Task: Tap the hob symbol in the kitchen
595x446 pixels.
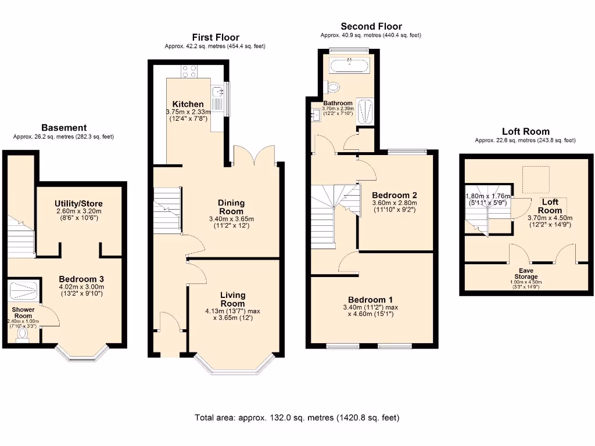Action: pyautogui.click(x=189, y=71)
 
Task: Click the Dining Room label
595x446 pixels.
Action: pyautogui.click(x=231, y=207)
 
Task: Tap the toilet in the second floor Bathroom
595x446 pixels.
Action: pyautogui.click(x=333, y=87)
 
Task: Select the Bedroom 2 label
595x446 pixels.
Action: pyautogui.click(x=395, y=195)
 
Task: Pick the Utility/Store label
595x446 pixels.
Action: pyautogui.click(x=78, y=203)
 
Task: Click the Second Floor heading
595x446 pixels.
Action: pyautogui.click(x=371, y=26)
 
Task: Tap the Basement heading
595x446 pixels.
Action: pyautogui.click(x=64, y=128)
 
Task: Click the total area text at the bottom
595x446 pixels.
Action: pyautogui.click(x=297, y=418)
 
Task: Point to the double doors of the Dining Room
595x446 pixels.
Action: pyautogui.click(x=254, y=156)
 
